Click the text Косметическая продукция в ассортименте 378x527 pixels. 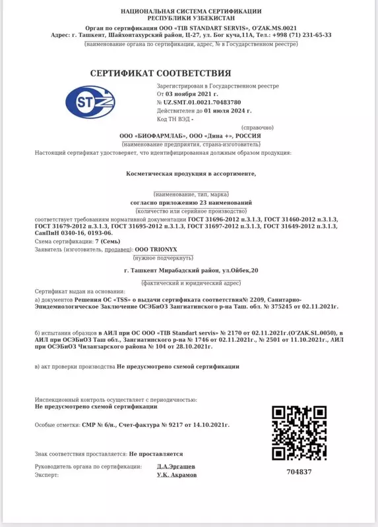190,175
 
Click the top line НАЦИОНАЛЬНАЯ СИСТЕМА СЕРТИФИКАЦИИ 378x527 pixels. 191,11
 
